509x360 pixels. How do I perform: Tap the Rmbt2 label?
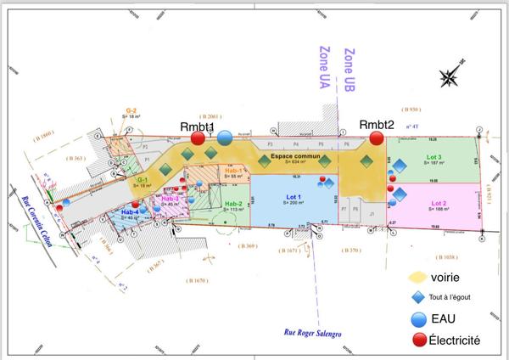coord(377,125)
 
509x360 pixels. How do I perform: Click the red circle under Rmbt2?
coord(377,138)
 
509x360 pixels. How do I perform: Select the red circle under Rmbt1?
coord(198,138)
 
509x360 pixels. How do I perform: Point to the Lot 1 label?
coord(292,194)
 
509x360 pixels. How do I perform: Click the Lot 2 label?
coord(439,204)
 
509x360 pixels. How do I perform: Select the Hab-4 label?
coord(130,211)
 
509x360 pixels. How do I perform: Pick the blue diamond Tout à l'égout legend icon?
coord(417,298)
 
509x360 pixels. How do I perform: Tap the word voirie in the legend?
coord(449,277)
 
